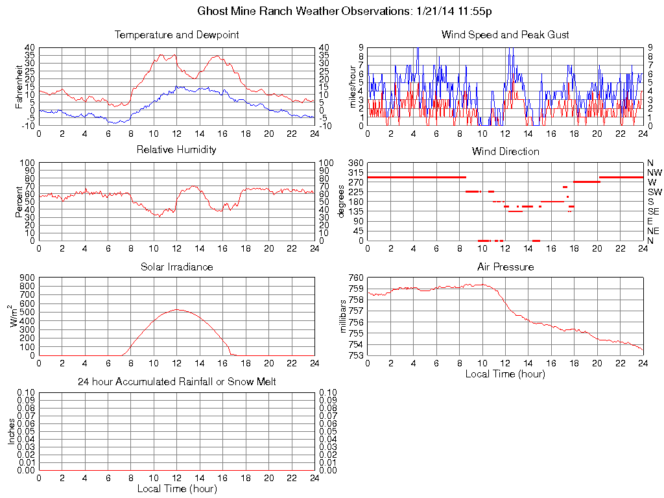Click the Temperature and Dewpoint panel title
pos(176,34)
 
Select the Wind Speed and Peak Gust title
pos(505,34)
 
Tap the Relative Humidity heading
pos(176,150)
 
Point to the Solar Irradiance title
pos(176,267)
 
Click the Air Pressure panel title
pos(505,267)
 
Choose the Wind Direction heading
pos(505,151)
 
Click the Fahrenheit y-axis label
pos(19,87)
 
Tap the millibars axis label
pos(344,316)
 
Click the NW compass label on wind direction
pos(654,172)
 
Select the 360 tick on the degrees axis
pos(355,162)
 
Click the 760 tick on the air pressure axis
pos(355,278)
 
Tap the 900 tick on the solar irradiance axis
pos(27,278)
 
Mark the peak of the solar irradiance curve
pos(177,309)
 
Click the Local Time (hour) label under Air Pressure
pos(505,374)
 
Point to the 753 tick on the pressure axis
pos(355,355)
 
